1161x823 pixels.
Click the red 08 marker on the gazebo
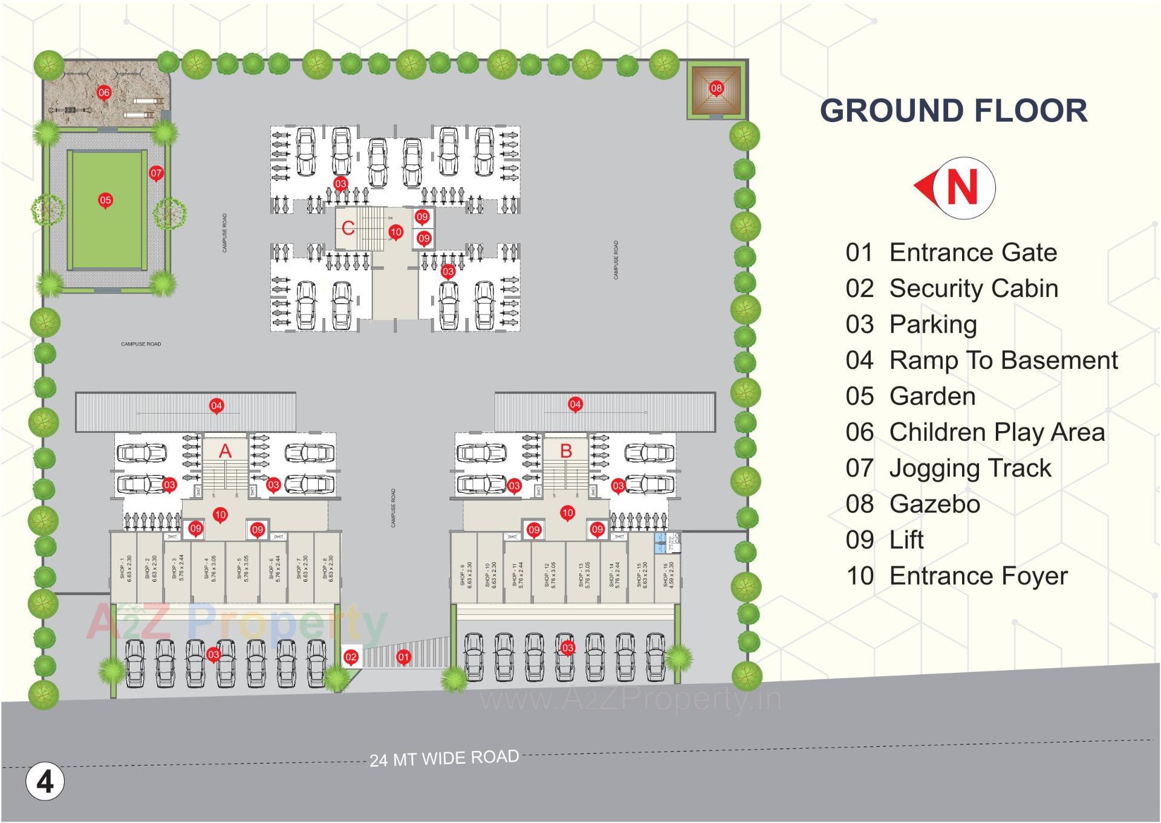tap(716, 88)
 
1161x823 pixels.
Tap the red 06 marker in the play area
tap(104, 93)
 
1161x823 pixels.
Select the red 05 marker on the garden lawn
tap(106, 200)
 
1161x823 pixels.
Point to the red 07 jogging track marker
tap(156, 174)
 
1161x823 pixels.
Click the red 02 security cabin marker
tap(351, 657)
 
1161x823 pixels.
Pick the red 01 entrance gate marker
tap(403, 657)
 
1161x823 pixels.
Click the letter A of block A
tap(225, 451)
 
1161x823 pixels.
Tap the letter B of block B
tap(566, 451)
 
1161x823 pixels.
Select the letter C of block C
tap(348, 228)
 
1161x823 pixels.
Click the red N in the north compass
tap(962, 187)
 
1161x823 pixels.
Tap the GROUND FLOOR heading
tap(954, 111)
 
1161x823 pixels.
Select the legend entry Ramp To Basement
tap(1003, 360)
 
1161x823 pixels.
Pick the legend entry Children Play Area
tap(997, 432)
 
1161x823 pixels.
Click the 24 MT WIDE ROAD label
tap(444, 758)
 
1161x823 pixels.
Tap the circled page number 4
tap(45, 782)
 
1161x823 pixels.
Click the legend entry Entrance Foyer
tap(978, 576)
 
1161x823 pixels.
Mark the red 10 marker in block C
tap(395, 232)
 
